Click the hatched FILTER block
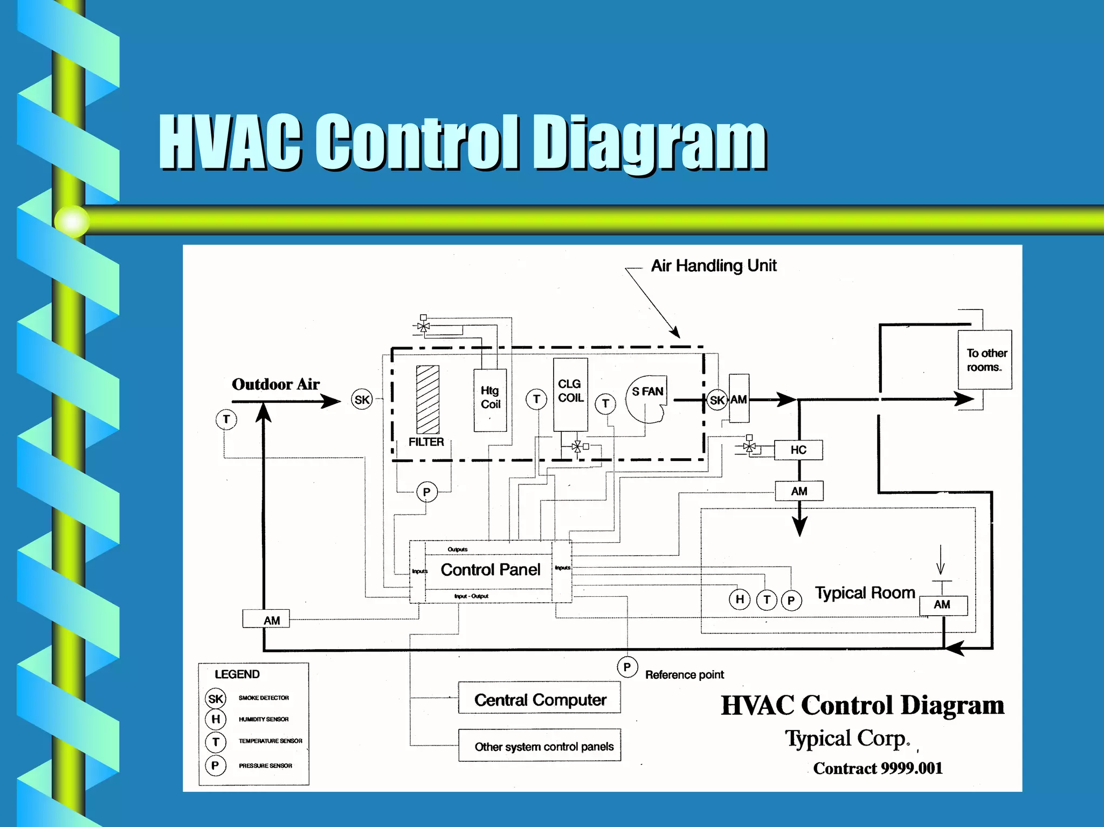coord(427,399)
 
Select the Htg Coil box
coord(490,399)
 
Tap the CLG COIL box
coord(570,394)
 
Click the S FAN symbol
coord(647,399)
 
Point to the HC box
coord(798,450)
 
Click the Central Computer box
coord(539,699)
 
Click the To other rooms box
coord(985,360)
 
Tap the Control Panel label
coord(490,570)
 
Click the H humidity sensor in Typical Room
coord(740,599)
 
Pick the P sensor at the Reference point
coord(627,667)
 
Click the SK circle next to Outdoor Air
coord(362,399)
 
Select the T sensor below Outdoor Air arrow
coord(226,419)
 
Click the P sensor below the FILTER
coord(426,492)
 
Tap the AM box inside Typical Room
coord(943,605)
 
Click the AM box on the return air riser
coord(266,619)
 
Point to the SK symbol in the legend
coord(216,699)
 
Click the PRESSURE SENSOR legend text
coord(265,766)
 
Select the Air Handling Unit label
coord(714,265)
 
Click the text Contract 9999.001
coord(878,768)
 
